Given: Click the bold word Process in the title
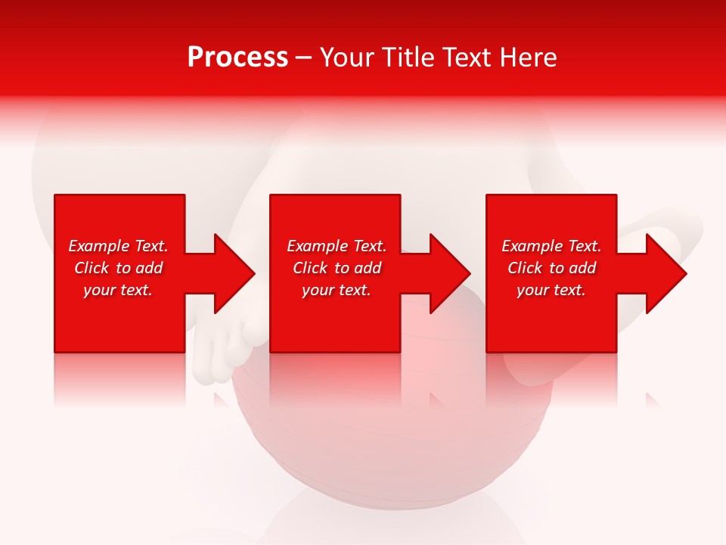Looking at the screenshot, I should [x=237, y=58].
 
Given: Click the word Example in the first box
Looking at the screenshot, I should [x=98, y=246].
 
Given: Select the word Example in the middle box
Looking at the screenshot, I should [x=317, y=246].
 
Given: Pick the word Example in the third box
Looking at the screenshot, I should [x=532, y=246].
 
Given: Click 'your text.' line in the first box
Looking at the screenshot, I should [x=118, y=290].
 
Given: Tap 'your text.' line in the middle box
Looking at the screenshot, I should [x=337, y=290].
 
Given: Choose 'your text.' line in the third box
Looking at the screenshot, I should [x=551, y=290].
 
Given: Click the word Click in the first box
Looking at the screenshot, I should [x=92, y=268].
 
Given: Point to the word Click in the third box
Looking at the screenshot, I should [x=526, y=268].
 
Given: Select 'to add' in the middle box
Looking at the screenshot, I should [x=358, y=268].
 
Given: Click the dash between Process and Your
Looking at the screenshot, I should [x=303, y=58].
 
